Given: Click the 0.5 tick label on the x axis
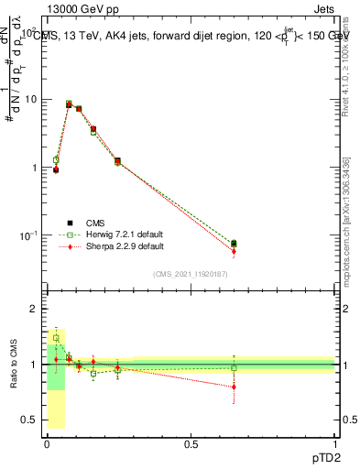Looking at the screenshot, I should point(191,442).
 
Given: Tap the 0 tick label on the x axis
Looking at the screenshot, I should point(47,442).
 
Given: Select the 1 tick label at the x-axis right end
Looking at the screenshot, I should point(334,442).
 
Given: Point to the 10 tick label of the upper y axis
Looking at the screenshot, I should point(28,99).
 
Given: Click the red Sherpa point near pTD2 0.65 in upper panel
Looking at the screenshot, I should point(234,251).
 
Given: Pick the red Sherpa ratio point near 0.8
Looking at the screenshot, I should point(234,387).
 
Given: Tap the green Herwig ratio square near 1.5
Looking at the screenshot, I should point(56,338).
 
